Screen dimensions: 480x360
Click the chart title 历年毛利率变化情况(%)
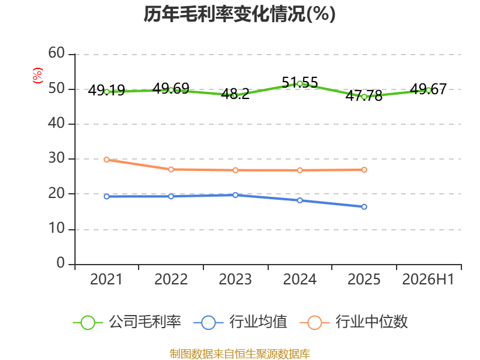239,14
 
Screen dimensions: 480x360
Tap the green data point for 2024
299,83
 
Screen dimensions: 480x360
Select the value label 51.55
300,82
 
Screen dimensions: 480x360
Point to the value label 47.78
364,95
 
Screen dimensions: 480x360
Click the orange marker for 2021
107,160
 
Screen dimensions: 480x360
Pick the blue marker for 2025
364,207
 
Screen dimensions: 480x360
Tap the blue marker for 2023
235,195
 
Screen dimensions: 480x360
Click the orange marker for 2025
364,170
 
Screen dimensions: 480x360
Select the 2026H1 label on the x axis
428,279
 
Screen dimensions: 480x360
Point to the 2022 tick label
171,279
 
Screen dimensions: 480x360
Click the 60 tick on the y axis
56,53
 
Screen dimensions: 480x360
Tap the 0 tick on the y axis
61,263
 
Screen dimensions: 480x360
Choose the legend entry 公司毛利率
127,322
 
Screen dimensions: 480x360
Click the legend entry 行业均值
241,322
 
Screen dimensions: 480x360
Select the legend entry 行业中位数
354,322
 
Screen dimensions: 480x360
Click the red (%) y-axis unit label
38,76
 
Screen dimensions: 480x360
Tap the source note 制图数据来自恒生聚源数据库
240,354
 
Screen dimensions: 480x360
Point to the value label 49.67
428,89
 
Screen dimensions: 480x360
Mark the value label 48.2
235,94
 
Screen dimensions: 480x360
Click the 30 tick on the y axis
56,158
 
